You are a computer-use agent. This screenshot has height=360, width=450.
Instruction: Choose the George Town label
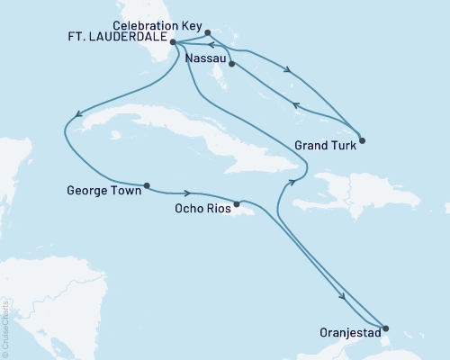[x=103, y=190]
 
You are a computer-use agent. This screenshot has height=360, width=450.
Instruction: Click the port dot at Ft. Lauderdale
[x=172, y=41]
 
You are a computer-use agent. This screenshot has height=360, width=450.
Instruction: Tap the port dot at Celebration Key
[x=208, y=33]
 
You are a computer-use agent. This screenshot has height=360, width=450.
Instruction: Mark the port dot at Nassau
[x=231, y=64]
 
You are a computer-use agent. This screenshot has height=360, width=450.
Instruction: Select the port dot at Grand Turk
[x=361, y=139]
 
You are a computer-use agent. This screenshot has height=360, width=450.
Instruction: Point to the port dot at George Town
[x=146, y=186]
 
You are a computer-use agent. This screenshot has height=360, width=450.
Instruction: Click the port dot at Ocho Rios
[x=237, y=203]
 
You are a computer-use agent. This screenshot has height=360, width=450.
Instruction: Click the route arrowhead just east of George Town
[x=185, y=193]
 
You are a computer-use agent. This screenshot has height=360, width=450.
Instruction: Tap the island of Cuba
[x=180, y=135]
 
